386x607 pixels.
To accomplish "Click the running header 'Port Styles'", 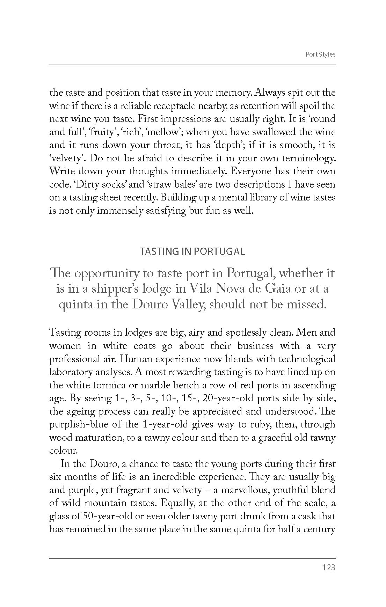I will tap(320, 54).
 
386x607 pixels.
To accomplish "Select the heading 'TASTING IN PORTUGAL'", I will tap(192, 251).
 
